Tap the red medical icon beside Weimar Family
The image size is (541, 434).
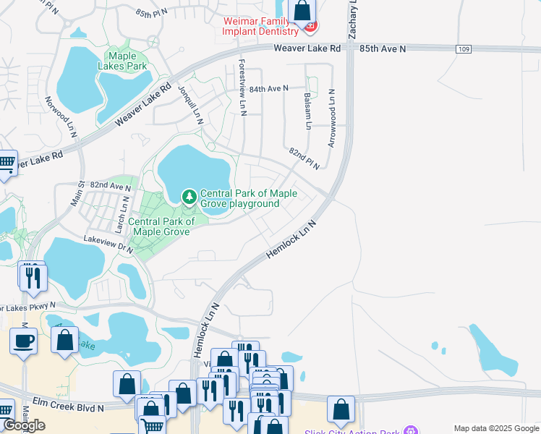311,27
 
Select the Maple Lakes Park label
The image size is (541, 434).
127,61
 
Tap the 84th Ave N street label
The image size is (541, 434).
268,88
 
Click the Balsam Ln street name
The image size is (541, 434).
307,111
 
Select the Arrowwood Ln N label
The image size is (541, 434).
331,118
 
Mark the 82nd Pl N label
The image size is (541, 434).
304,159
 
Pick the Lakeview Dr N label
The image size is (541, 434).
108,242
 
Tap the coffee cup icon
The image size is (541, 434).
24,341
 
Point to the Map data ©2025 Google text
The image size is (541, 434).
496,427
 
